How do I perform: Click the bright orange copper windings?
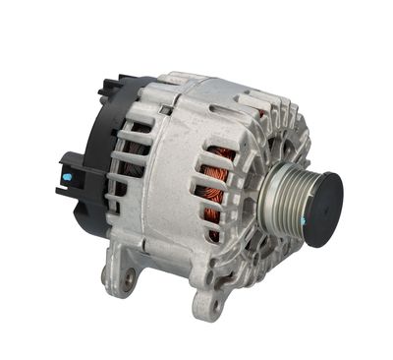pos(218,187)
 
